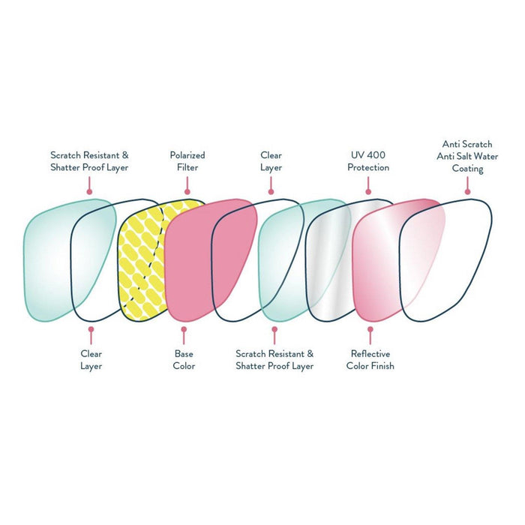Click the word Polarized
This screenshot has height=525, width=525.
pyautogui.click(x=187, y=155)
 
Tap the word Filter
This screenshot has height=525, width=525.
pyautogui.click(x=187, y=167)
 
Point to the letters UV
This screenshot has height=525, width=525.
pyautogui.click(x=355, y=155)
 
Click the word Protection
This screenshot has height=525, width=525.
pyautogui.click(x=368, y=167)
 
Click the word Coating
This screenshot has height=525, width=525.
pyautogui.click(x=467, y=169)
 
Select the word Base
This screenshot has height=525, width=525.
pyautogui.click(x=184, y=354)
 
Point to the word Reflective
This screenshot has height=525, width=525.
pyautogui.click(x=370, y=354)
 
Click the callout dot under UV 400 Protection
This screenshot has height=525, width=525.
pyautogui.click(x=368, y=190)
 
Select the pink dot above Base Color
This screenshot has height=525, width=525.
pyautogui.click(x=183, y=328)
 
